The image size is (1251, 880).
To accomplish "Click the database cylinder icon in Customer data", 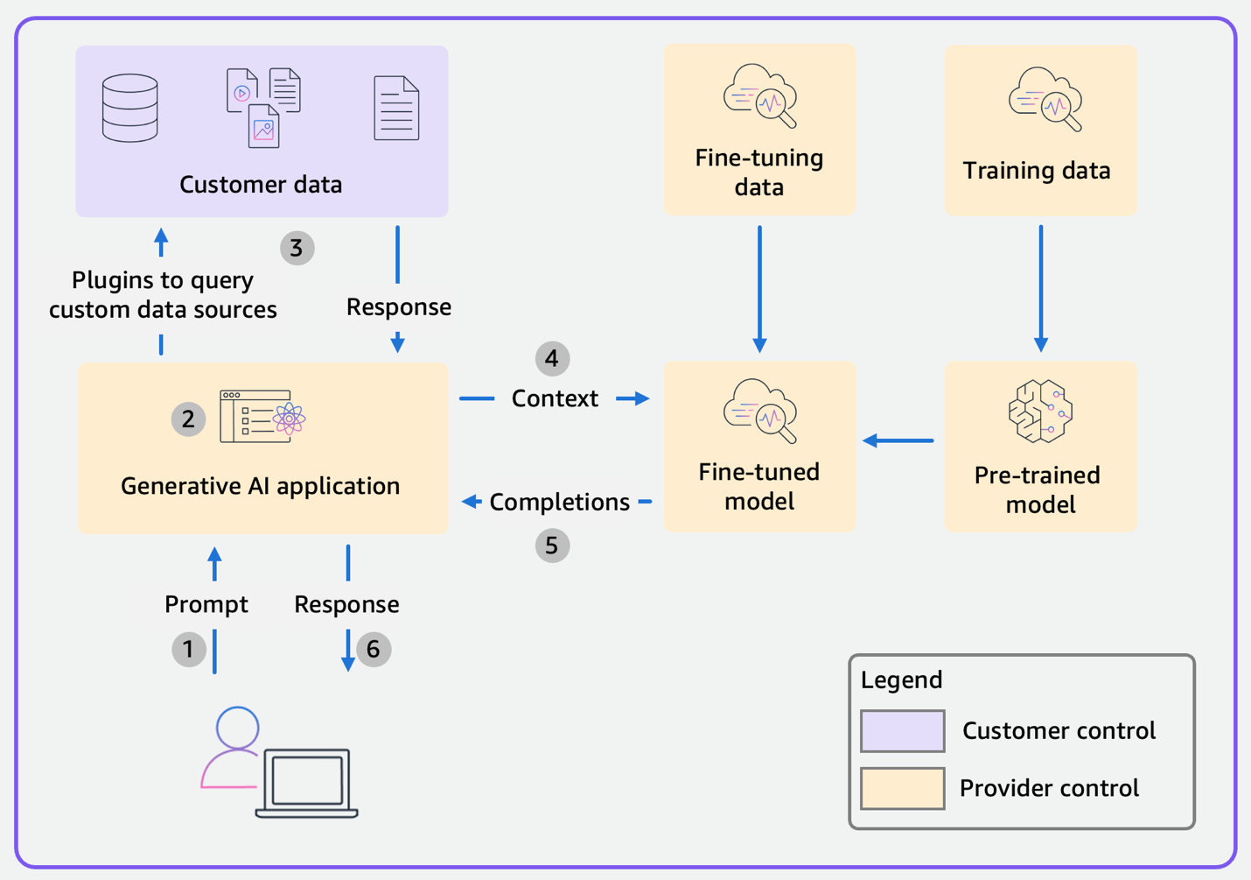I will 129,108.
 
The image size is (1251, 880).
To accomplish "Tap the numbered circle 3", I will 297,248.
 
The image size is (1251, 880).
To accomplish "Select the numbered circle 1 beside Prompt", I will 188,649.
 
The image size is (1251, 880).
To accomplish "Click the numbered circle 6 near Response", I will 374,649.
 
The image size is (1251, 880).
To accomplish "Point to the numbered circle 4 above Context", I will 552,358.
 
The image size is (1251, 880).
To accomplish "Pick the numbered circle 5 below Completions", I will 552,546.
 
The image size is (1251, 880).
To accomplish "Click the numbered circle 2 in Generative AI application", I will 188,419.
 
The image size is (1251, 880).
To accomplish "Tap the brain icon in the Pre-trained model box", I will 1039,411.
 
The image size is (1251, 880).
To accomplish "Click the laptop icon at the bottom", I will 307,781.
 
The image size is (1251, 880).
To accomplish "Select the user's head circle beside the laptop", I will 237,727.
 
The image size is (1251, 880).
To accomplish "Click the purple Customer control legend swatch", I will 902,731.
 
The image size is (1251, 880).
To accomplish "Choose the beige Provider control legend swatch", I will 902,788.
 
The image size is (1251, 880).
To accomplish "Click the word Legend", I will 901,679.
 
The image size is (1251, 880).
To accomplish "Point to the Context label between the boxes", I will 555,398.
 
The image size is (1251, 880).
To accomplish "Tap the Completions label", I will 559,502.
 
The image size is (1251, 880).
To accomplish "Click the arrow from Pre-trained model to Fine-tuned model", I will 898,440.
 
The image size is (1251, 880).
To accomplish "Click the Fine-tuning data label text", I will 758,172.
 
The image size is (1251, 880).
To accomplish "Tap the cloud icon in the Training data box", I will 1045,99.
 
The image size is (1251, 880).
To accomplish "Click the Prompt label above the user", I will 206,604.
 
